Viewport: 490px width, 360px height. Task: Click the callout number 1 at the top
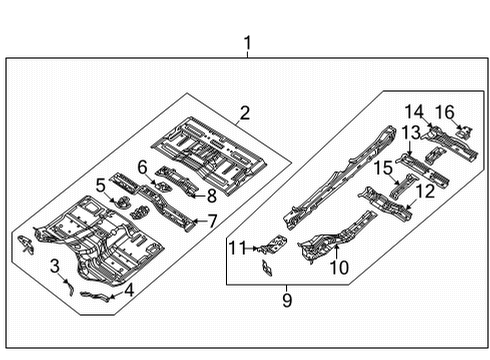click(247, 44)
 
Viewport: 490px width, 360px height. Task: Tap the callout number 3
click(55, 265)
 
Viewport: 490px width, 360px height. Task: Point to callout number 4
click(127, 292)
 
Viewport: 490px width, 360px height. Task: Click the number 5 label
click(100, 184)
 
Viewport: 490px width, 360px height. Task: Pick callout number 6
click(142, 167)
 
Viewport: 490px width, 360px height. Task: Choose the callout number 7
click(212, 220)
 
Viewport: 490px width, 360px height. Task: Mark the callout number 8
click(211, 197)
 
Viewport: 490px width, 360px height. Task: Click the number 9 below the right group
click(286, 298)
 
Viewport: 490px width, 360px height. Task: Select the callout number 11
click(235, 247)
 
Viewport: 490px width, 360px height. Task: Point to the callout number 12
click(425, 190)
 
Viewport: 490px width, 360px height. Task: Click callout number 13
click(411, 133)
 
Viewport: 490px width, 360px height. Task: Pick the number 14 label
click(414, 110)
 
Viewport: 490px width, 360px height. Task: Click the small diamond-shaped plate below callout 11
click(266, 267)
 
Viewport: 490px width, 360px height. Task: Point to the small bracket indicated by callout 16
click(462, 128)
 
